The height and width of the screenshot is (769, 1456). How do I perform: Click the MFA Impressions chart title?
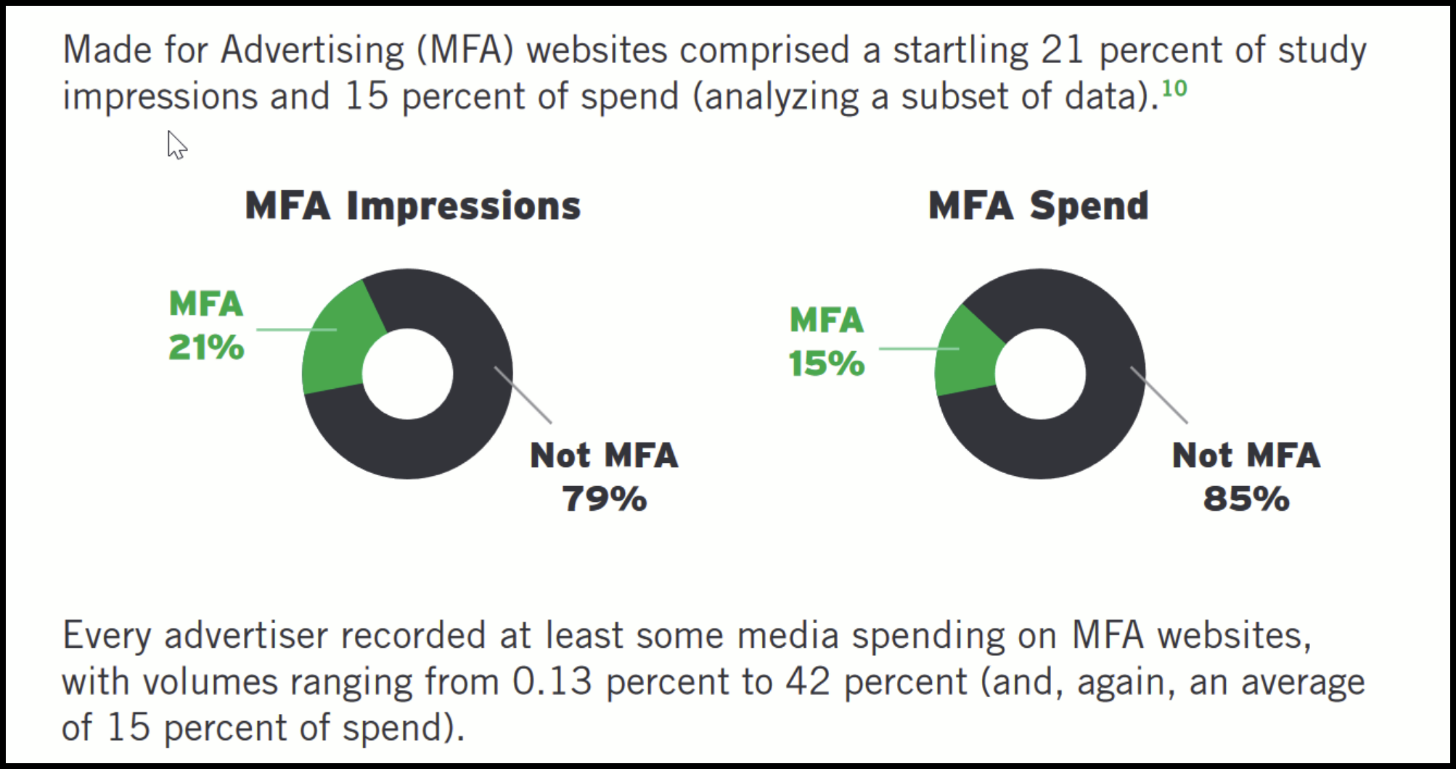click(x=412, y=206)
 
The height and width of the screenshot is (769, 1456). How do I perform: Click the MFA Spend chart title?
click(x=1038, y=206)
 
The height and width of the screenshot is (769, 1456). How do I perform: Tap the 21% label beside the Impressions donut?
click(x=206, y=348)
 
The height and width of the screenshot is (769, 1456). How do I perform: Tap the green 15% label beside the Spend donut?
click(x=827, y=363)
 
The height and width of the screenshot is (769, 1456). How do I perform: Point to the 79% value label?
click(x=604, y=499)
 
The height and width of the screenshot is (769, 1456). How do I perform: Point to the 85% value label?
click(x=1246, y=499)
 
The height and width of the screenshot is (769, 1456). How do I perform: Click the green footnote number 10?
click(x=1174, y=89)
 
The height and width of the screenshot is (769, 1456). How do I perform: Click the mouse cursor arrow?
click(x=175, y=144)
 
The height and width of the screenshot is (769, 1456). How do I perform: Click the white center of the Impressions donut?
click(x=407, y=374)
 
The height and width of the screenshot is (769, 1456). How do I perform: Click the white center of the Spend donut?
click(x=1040, y=374)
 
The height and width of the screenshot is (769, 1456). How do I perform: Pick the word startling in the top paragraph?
click(x=960, y=51)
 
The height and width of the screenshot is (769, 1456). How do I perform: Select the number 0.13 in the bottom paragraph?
click(x=552, y=682)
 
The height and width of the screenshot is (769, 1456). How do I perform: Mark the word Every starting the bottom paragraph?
click(x=107, y=636)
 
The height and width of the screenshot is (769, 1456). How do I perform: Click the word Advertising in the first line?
click(x=312, y=51)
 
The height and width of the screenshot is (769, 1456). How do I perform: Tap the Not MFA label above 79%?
click(x=604, y=456)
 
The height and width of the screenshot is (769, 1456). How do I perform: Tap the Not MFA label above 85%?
click(x=1246, y=456)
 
